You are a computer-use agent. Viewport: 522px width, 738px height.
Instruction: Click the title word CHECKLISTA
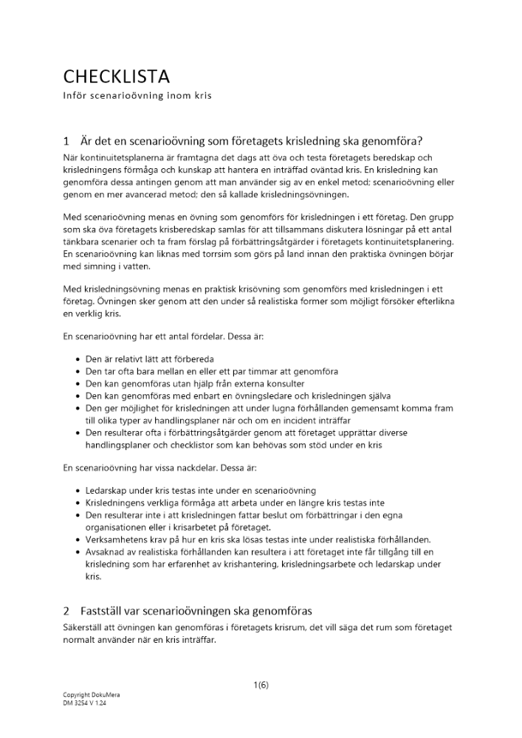116,77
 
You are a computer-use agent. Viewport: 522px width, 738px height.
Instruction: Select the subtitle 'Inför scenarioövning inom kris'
137,97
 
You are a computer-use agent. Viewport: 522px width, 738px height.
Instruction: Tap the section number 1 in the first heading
66,141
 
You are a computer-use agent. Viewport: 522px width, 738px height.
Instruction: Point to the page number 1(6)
261,685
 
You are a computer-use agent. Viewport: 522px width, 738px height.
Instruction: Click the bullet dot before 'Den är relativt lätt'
79,359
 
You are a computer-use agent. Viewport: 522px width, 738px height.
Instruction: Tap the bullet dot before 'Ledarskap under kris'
79,491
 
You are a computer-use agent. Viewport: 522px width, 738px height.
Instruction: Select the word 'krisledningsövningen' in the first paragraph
292,195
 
